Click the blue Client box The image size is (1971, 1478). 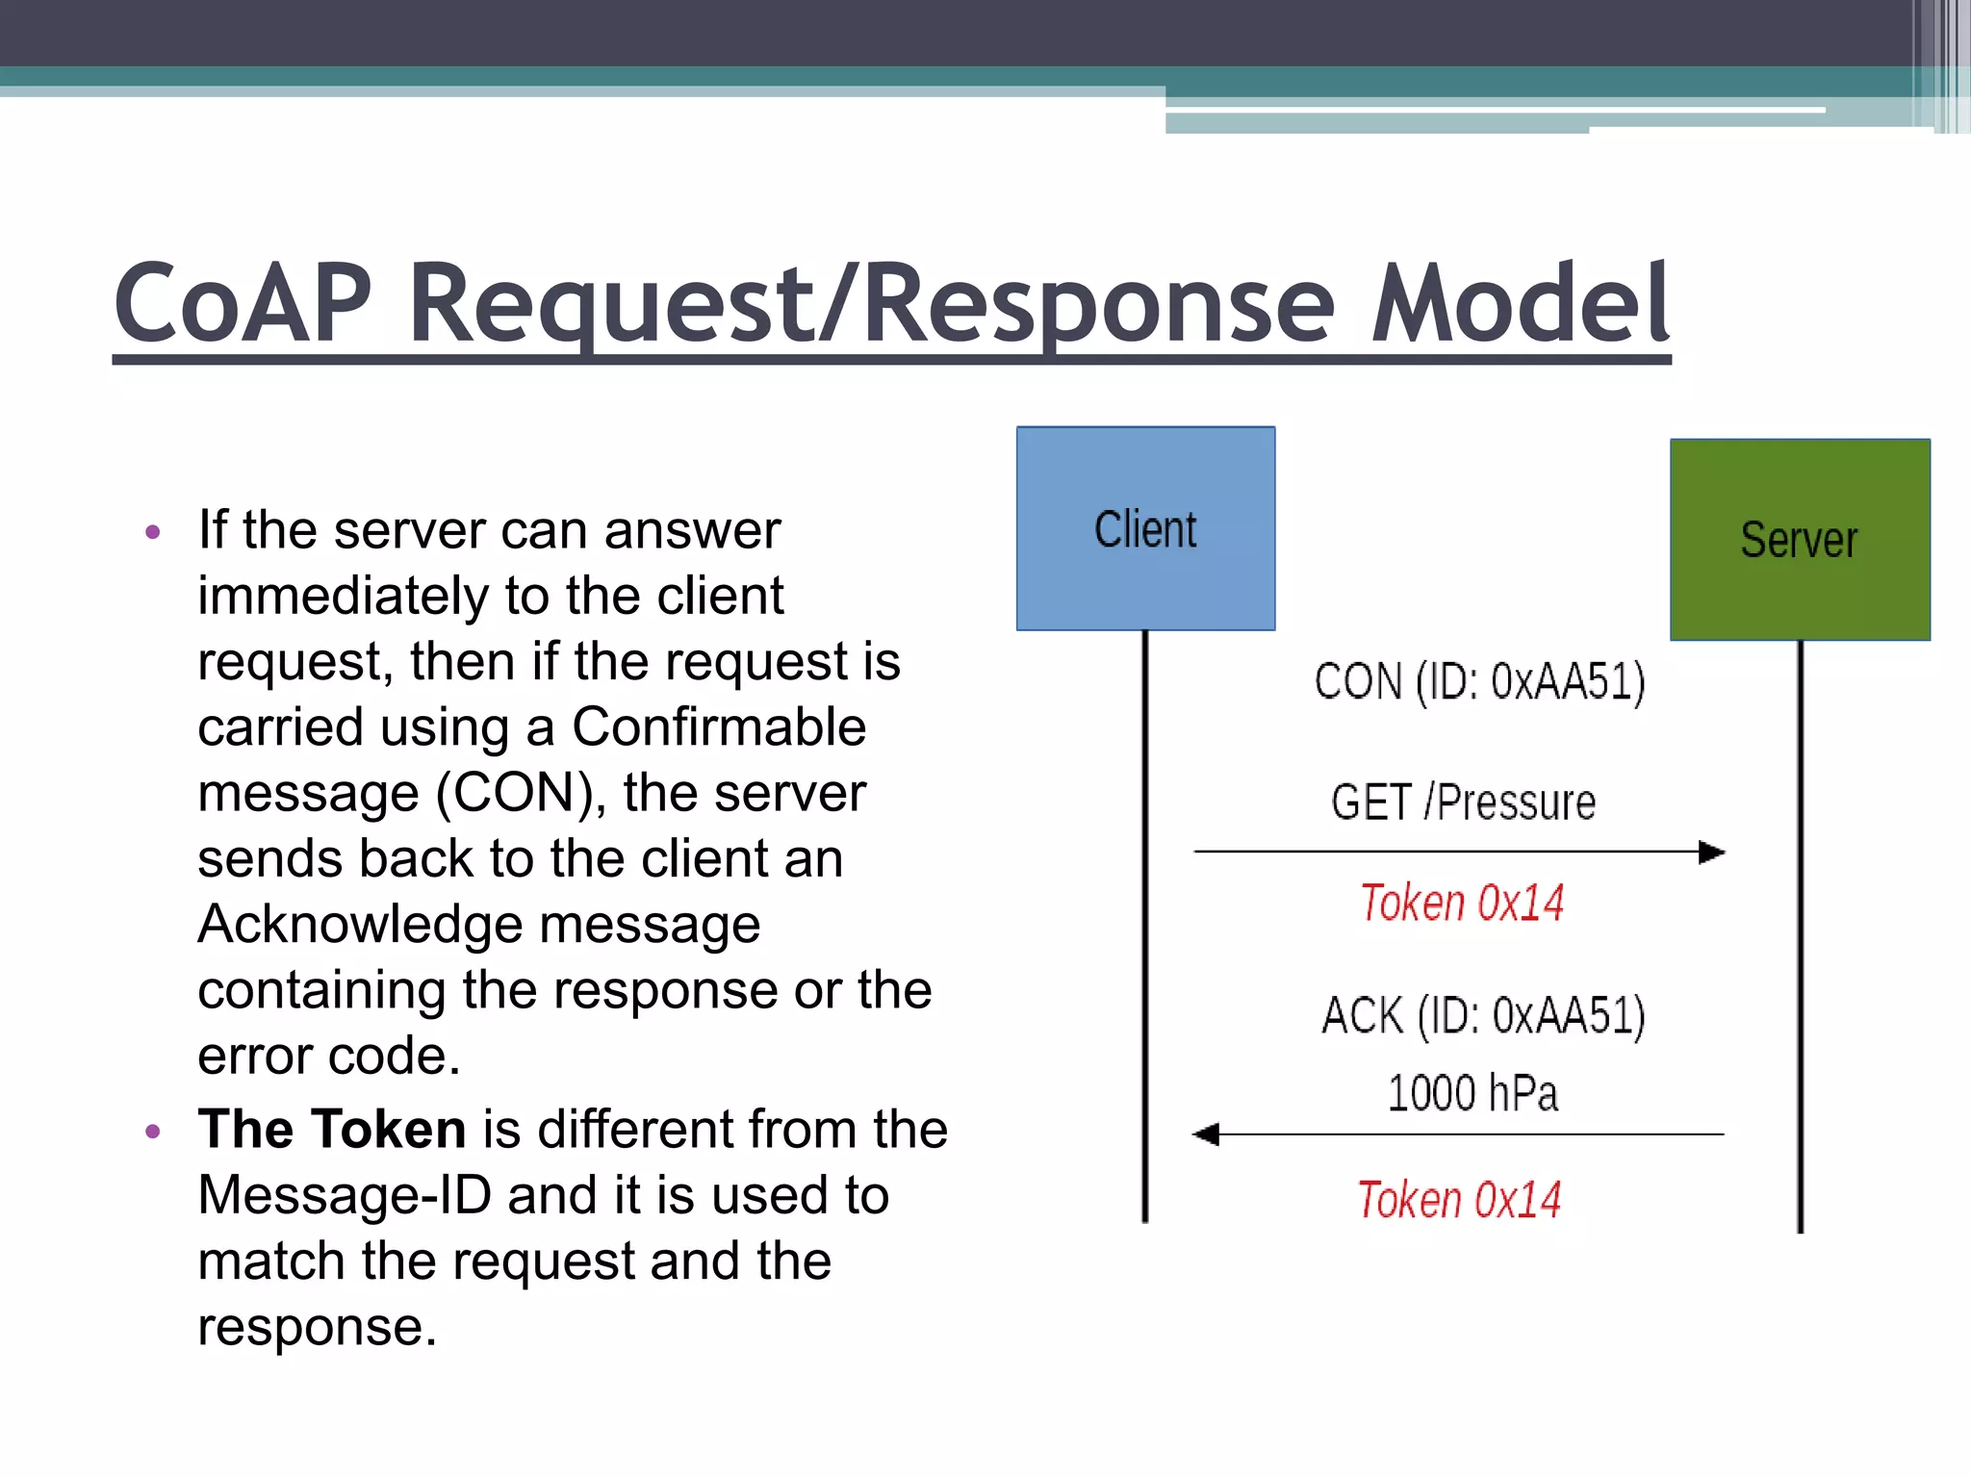coord(1145,529)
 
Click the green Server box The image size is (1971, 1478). coord(1800,540)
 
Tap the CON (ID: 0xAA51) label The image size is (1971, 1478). coord(1479,682)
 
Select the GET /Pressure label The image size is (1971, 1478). coord(1463,803)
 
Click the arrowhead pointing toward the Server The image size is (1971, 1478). coord(1711,853)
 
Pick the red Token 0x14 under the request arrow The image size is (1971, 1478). coord(1462,904)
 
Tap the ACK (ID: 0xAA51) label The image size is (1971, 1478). coord(1483,1016)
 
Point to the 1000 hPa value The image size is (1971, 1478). coord(1472,1094)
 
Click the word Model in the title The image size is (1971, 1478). coord(1521,304)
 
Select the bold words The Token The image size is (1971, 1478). coord(331,1129)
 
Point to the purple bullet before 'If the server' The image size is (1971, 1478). coord(152,532)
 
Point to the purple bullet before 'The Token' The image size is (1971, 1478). coord(152,1132)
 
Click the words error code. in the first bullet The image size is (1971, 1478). coord(329,1057)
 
